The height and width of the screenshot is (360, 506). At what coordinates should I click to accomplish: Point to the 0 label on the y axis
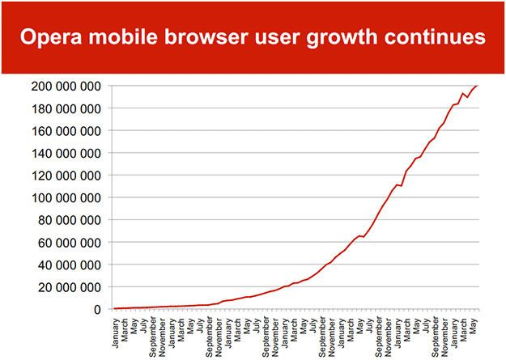tap(97, 309)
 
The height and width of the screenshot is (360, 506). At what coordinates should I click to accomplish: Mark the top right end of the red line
tap(478, 85)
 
